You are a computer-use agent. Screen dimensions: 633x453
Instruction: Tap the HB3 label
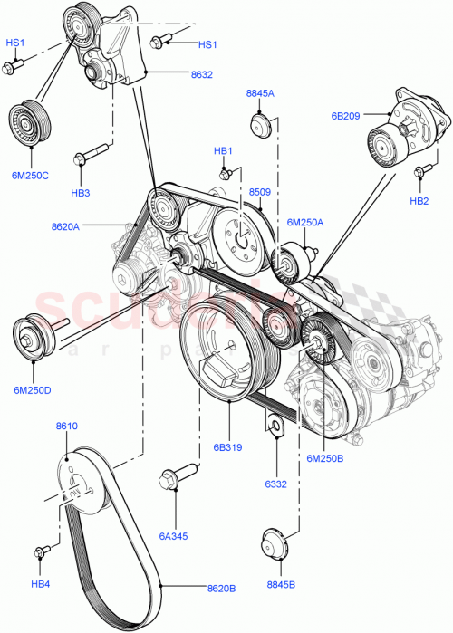tap(81, 193)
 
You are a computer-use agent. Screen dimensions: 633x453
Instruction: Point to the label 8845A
tap(260, 93)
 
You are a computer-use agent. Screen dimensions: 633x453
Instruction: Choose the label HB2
tap(418, 201)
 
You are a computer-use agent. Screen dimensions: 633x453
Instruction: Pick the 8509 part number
tap(261, 191)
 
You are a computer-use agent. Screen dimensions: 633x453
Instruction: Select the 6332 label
tap(276, 484)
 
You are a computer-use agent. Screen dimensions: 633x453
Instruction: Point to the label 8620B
tap(220, 588)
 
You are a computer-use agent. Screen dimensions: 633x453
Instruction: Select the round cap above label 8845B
tap(273, 546)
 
